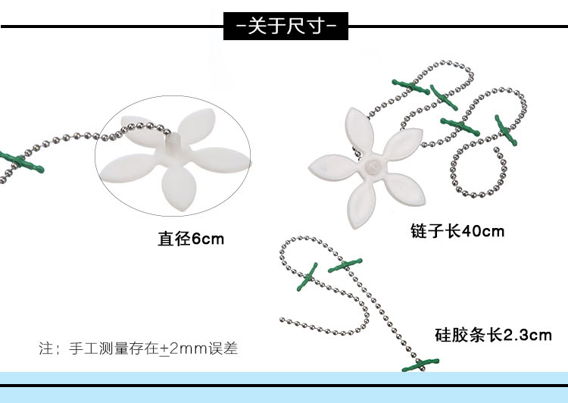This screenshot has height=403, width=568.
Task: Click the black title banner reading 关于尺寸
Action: click(286, 26)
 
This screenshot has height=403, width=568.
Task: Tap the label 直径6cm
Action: click(191, 239)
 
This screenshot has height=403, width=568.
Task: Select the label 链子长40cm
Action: click(457, 231)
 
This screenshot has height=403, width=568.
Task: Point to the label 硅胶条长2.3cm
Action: click(493, 335)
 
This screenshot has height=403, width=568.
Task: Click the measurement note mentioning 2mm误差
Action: click(139, 348)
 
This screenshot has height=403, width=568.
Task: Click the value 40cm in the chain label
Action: click(483, 231)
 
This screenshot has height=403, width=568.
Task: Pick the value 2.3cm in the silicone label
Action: click(527, 335)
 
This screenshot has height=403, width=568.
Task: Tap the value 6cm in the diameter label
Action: click(208, 239)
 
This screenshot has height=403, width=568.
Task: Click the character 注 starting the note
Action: click(46, 348)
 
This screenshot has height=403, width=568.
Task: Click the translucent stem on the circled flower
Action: click(173, 143)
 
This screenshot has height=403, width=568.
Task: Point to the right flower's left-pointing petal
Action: click(333, 167)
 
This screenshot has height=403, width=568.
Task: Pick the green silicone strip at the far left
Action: click(22, 161)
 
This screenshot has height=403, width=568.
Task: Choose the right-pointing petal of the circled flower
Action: click(222, 160)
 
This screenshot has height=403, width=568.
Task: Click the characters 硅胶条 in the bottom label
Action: click(460, 335)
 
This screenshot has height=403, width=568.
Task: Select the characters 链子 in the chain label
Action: click(426, 231)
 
